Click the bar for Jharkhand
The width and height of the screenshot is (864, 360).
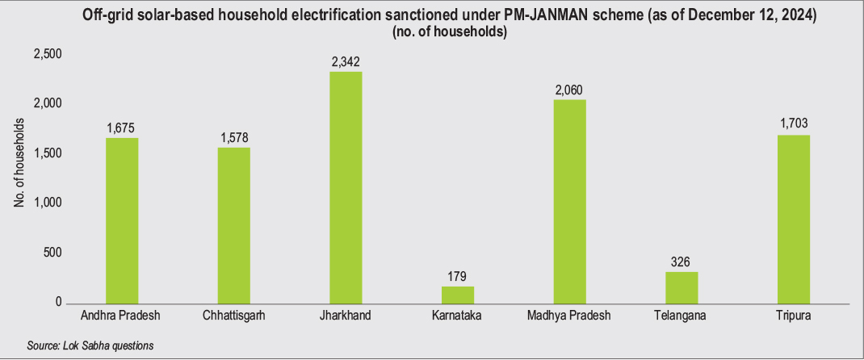point(346,187)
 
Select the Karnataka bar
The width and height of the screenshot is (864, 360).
point(457,295)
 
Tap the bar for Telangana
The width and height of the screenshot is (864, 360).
point(682,287)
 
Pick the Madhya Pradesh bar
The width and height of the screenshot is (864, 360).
point(569,201)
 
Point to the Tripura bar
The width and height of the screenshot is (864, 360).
point(794,219)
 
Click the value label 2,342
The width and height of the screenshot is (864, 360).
point(346,61)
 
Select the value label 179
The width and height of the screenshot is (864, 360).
point(457,276)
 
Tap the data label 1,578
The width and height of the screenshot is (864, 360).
point(233,137)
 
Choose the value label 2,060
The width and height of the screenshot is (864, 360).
point(569,90)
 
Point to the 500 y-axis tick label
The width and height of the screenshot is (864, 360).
point(53,253)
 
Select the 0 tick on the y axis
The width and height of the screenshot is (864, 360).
point(59,303)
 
